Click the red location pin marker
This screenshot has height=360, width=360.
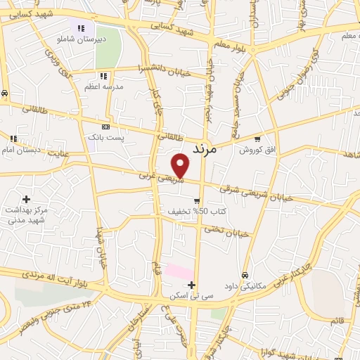[x=181, y=165]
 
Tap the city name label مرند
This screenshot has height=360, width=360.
[x=207, y=149]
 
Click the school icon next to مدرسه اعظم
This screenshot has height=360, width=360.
[x=103, y=75]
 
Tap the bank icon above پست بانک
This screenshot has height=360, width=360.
[x=105, y=126]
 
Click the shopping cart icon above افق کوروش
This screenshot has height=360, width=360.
[x=257, y=139]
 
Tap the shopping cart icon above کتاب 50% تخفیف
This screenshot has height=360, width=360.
[x=187, y=200]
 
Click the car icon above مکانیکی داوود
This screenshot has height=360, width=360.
[x=245, y=275]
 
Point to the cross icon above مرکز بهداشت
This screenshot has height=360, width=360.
[x=27, y=200]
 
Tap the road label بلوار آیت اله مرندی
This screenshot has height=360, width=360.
[x=46, y=274]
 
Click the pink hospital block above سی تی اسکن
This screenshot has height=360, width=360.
[x=179, y=271]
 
